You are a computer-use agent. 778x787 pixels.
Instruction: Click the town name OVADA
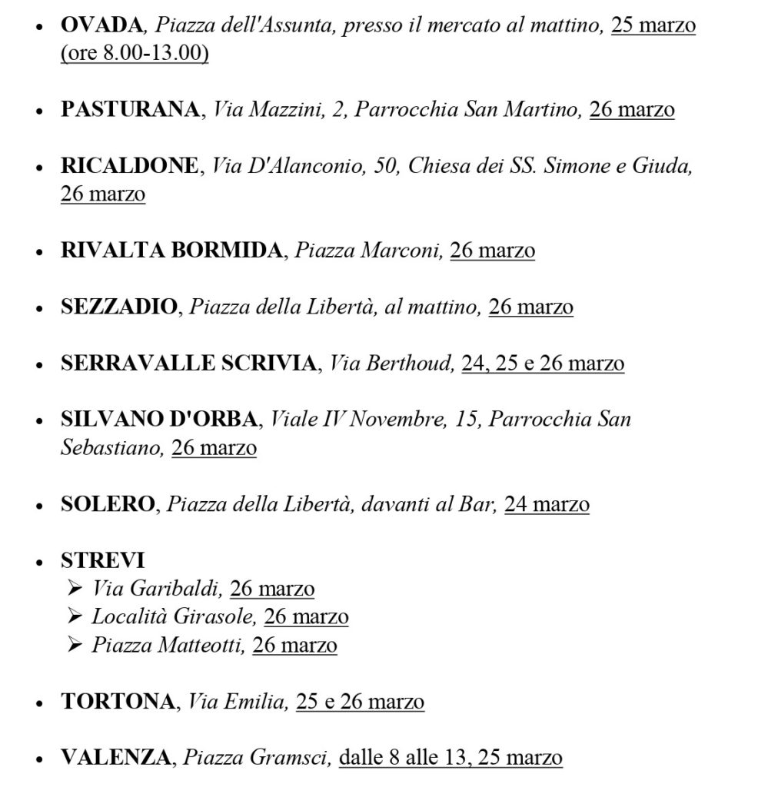101,25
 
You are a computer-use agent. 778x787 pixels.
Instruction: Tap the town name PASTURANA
130,110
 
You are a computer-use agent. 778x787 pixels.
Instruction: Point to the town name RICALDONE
129,166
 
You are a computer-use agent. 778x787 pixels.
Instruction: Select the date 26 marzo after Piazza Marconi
492,251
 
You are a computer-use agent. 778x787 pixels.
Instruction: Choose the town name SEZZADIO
118,307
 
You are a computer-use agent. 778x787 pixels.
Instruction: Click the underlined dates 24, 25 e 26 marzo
543,364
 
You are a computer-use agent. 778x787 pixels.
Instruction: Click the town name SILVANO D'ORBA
159,420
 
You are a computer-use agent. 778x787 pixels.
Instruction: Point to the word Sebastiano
112,448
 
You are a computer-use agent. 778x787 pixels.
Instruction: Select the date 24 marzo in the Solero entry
547,505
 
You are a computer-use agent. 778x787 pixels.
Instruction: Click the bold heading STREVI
102,561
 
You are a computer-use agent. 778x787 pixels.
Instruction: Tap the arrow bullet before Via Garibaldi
75,589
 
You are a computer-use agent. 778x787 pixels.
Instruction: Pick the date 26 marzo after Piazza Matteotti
294,646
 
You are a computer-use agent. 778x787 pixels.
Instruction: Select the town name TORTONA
118,702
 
